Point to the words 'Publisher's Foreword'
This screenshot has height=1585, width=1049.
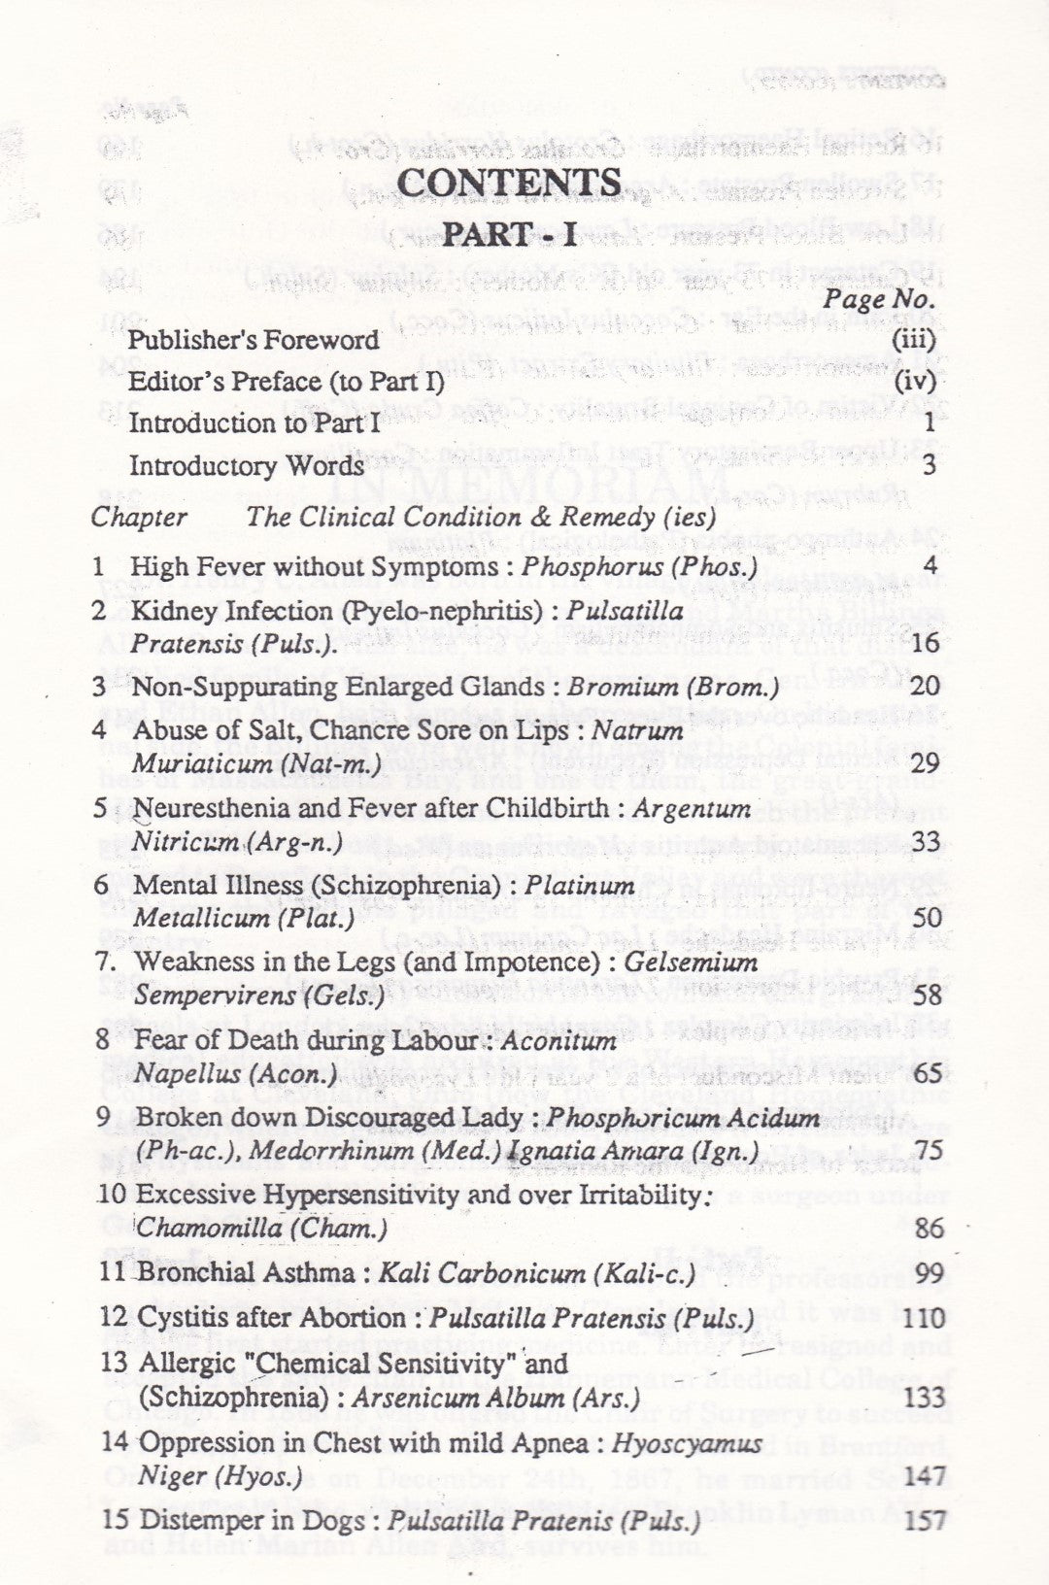(x=254, y=340)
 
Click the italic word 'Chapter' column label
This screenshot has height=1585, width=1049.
(x=139, y=517)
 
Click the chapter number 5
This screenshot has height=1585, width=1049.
(x=101, y=808)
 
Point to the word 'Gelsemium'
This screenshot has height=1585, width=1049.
(x=691, y=962)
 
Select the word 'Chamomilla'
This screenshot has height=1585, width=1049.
(x=202, y=1229)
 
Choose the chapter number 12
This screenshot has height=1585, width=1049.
(x=114, y=1318)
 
